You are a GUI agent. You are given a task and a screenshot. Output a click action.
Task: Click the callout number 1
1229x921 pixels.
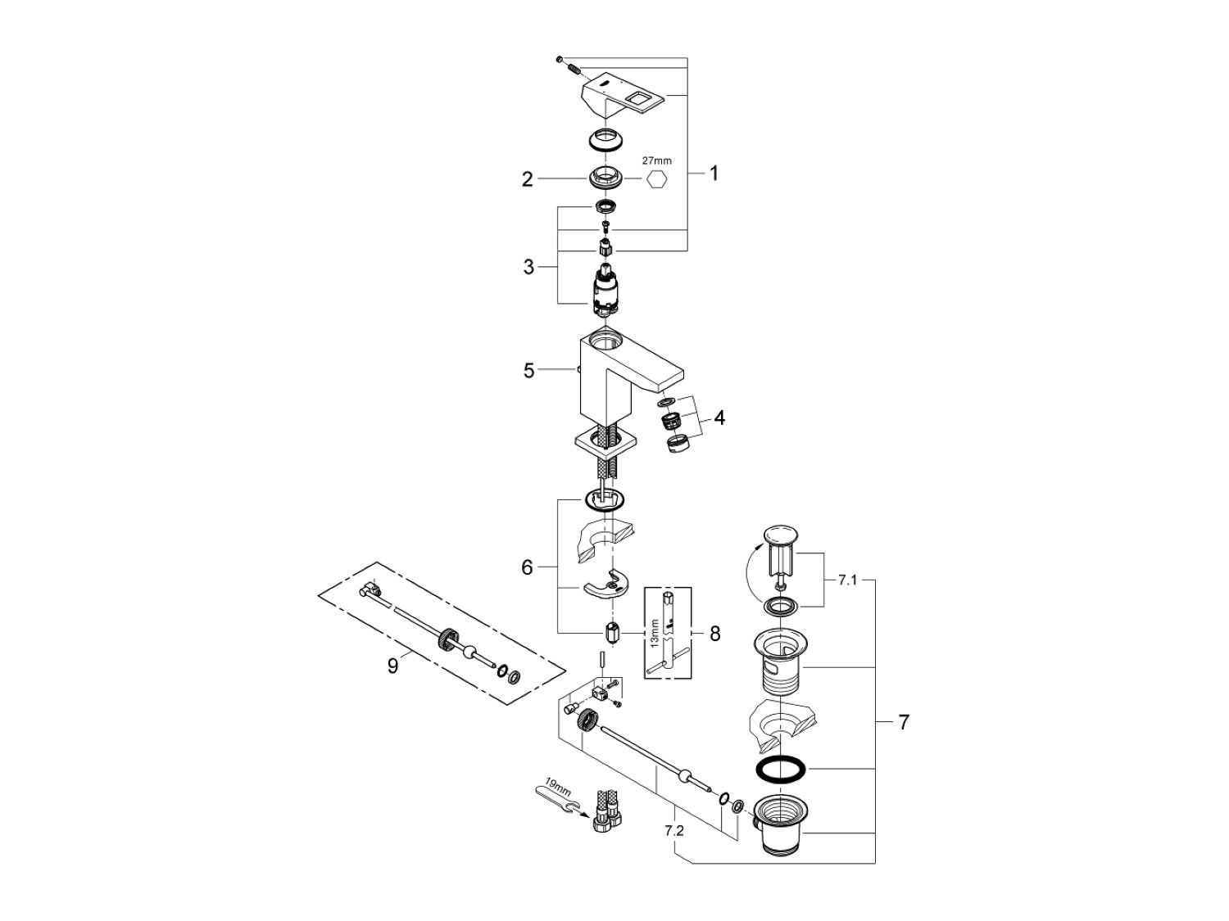pyautogui.click(x=714, y=174)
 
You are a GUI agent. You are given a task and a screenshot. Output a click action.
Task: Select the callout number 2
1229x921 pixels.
pyautogui.click(x=528, y=178)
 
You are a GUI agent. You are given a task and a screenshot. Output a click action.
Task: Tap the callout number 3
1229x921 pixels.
pyautogui.click(x=528, y=267)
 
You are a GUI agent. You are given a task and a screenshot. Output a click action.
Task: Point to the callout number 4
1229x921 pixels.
pyautogui.click(x=719, y=418)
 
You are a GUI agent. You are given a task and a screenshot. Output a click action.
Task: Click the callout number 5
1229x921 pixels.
pyautogui.click(x=529, y=371)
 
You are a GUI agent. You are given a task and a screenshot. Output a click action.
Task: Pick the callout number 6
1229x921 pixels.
pyautogui.click(x=528, y=567)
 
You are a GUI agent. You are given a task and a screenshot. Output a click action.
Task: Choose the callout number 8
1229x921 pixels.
pyautogui.click(x=714, y=633)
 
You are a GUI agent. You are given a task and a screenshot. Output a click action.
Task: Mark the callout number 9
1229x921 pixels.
pyautogui.click(x=392, y=666)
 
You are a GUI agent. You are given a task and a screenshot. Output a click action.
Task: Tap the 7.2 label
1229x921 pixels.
pyautogui.click(x=673, y=830)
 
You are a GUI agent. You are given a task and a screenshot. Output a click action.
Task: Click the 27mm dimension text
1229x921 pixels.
pyautogui.click(x=656, y=161)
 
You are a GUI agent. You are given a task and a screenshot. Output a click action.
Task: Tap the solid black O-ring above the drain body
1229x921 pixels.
pyautogui.click(x=779, y=769)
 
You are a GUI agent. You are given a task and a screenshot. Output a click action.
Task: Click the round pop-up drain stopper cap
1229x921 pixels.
pyautogui.click(x=779, y=535)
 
